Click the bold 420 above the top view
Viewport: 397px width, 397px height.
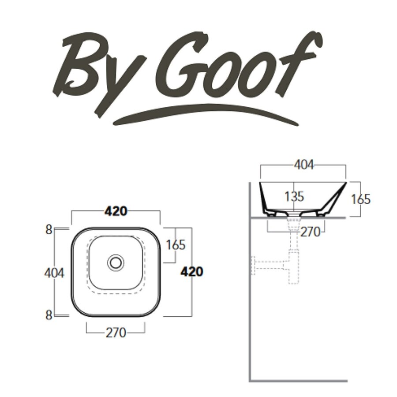tap(116, 212)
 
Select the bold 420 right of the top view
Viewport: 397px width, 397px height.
tap(192, 272)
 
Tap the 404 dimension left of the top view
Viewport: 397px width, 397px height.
tap(54, 273)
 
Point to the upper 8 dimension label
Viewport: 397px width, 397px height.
tap(49, 229)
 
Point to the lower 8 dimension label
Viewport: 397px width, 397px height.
tap(49, 315)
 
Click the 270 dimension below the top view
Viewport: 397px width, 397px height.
tap(116, 333)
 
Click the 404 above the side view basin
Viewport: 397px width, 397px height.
tap(304, 165)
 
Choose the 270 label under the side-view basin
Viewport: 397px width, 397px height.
tap(310, 232)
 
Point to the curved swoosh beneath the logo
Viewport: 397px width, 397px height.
tap(203, 114)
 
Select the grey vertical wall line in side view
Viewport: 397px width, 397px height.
tap(251, 309)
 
